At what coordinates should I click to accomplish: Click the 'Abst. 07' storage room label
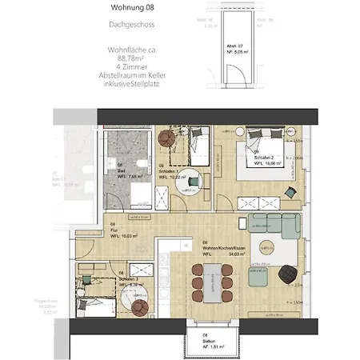(234, 46)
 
